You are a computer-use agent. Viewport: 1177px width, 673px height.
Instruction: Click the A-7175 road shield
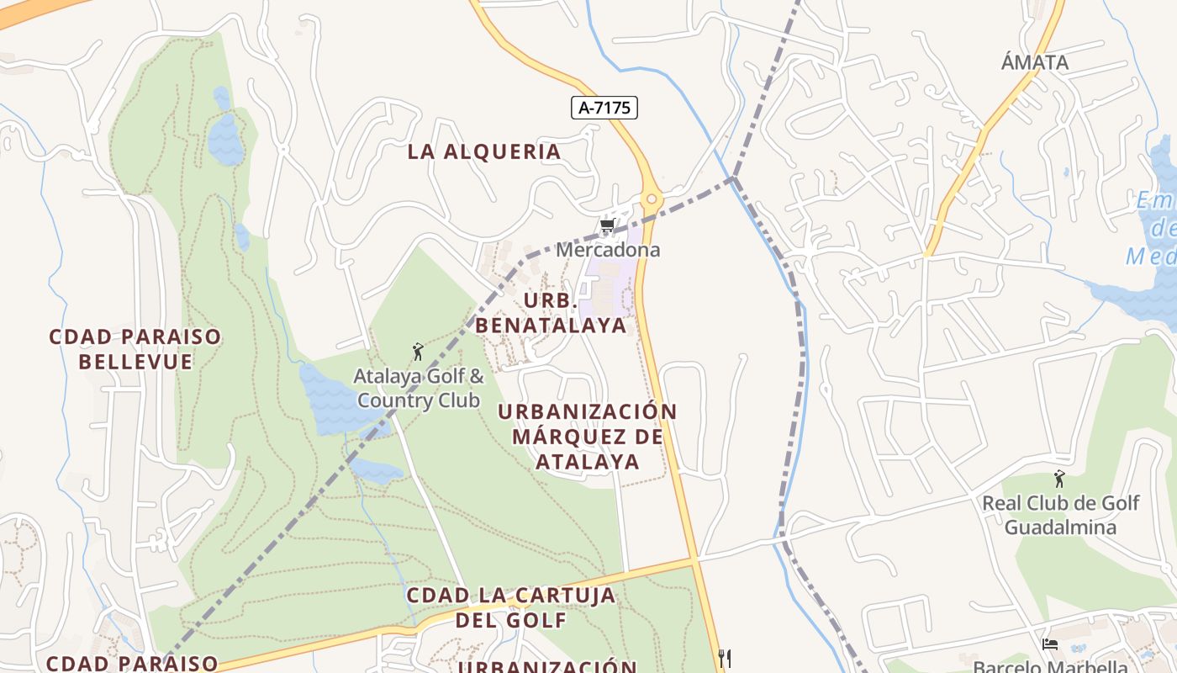[604, 108]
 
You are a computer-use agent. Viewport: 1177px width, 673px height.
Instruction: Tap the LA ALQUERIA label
[484, 151]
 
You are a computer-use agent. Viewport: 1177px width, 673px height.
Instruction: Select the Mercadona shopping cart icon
[607, 225]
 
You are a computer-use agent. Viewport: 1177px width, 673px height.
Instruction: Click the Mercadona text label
[608, 250]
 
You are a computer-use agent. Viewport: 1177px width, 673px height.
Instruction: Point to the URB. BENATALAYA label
[552, 313]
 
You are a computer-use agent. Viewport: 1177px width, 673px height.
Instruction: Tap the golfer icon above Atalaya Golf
[418, 352]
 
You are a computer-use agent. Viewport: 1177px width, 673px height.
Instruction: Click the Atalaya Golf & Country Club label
[419, 388]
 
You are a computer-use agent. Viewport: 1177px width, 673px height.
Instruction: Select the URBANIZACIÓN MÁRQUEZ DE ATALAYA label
[588, 437]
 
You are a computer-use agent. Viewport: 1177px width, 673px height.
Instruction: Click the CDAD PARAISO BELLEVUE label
[135, 349]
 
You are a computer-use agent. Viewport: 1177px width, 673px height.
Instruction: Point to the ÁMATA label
[1035, 62]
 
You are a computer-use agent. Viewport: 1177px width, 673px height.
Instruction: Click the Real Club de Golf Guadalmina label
[1061, 515]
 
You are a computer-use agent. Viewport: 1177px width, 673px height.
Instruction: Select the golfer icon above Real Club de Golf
[1059, 480]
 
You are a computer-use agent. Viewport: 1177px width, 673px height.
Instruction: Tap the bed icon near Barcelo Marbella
[1049, 644]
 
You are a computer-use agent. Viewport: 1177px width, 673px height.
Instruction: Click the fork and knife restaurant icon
[725, 658]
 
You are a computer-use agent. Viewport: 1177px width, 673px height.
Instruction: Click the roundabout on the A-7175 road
[651, 200]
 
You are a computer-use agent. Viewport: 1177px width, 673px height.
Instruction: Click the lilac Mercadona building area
[610, 286]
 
